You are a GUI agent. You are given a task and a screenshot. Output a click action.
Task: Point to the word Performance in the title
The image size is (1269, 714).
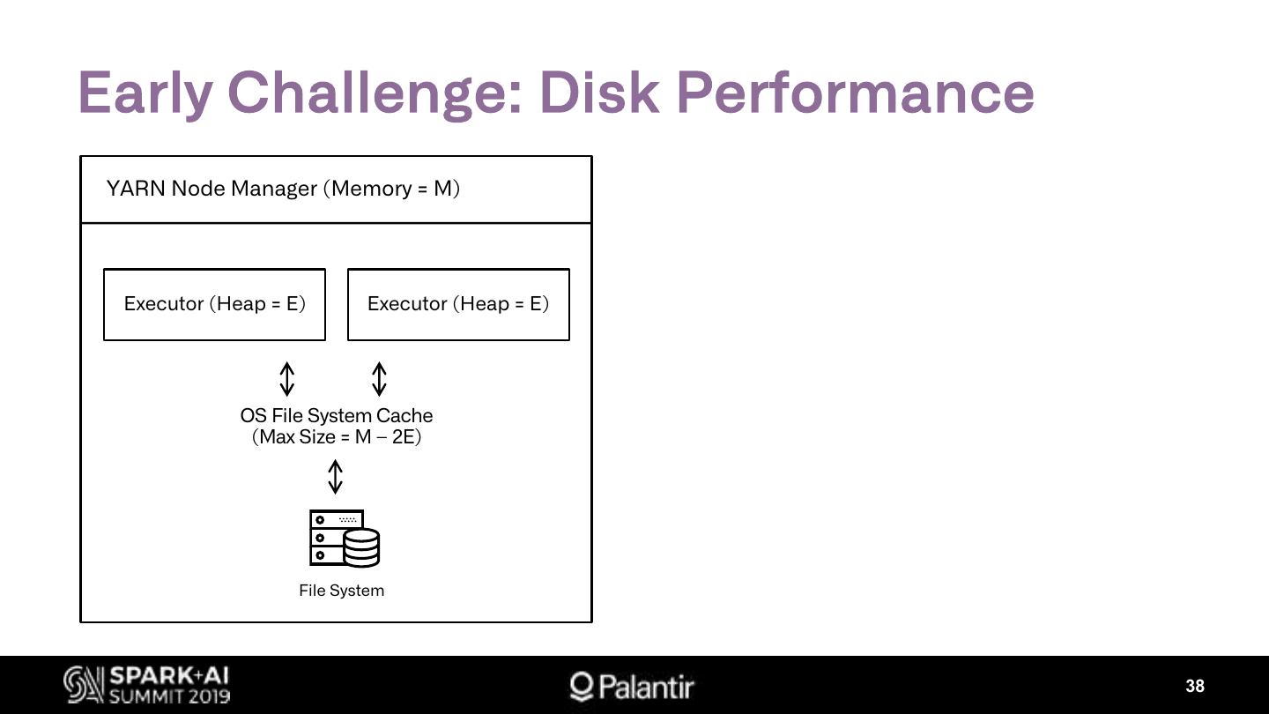coord(855,93)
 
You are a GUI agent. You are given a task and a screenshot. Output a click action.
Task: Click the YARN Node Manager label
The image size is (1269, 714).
coord(283,189)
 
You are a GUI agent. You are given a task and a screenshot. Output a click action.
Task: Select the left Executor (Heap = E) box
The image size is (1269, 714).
coord(214,304)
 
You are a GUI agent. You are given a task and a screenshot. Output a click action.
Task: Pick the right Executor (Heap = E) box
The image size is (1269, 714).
coord(458,304)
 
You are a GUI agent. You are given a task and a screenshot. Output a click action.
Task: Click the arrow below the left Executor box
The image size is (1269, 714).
coord(286,378)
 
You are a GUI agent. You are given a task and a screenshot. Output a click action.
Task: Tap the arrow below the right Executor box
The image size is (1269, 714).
coord(379,378)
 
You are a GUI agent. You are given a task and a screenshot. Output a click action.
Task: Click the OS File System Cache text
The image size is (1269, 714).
coord(337,415)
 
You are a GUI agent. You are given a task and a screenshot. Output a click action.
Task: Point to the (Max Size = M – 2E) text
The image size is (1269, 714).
coord(337,437)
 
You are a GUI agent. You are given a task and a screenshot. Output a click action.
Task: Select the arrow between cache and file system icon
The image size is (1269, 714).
coord(335,477)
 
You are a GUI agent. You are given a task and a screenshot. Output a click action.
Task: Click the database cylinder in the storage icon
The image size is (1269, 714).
coord(361,547)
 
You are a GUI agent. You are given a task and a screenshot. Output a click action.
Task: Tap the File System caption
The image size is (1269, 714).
coord(342,591)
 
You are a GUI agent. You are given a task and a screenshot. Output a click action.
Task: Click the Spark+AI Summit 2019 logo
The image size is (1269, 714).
coord(147,686)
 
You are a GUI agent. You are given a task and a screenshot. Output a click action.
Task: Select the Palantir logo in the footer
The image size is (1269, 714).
coord(632,687)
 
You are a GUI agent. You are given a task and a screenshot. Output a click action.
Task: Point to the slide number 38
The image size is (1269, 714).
coord(1195,687)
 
